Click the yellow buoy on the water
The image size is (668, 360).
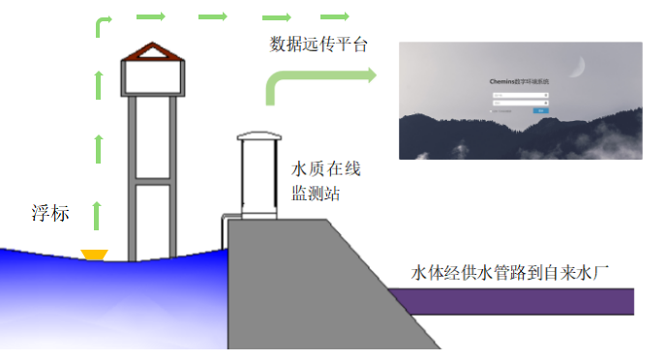(x=95, y=255)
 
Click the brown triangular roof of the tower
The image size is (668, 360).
(x=153, y=52)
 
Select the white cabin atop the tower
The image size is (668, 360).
(x=153, y=78)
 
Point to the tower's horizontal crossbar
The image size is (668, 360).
(x=153, y=180)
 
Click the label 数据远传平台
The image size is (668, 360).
(x=319, y=45)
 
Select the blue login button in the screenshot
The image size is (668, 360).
(x=541, y=110)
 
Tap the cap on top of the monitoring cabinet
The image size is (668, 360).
(x=258, y=137)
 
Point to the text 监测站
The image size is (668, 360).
(x=316, y=194)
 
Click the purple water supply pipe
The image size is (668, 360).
(x=513, y=301)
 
